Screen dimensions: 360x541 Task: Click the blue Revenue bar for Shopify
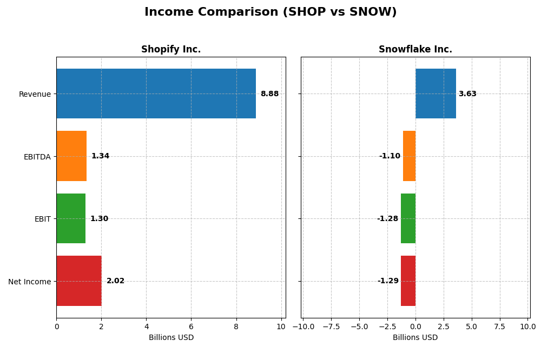coord(156,94)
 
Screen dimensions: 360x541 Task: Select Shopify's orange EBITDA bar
coord(71,156)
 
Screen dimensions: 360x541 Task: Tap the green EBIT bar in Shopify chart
coord(71,218)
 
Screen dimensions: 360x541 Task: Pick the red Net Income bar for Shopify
coord(79,281)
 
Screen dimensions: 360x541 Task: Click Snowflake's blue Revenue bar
coord(436,94)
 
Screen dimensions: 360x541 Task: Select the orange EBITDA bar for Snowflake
coord(410,156)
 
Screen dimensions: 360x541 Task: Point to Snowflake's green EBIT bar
coord(408,218)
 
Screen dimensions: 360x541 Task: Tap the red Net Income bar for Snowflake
coord(408,281)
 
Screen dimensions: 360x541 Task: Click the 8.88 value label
coord(269,94)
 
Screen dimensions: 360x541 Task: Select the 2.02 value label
coord(115,281)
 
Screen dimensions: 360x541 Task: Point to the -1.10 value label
coord(390,156)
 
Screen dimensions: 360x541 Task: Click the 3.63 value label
coord(467,94)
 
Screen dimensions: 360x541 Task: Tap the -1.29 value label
coord(388,281)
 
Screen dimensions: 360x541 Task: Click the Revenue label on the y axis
coord(35,94)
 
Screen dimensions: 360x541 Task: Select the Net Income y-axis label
coord(29,281)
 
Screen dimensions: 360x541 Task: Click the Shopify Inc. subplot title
coord(171,49)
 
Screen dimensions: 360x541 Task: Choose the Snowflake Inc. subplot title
coord(415,49)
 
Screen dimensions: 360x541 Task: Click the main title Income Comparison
coord(270,12)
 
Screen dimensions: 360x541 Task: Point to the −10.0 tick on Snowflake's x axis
coord(303,326)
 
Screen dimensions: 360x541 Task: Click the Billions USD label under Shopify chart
coord(171,337)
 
